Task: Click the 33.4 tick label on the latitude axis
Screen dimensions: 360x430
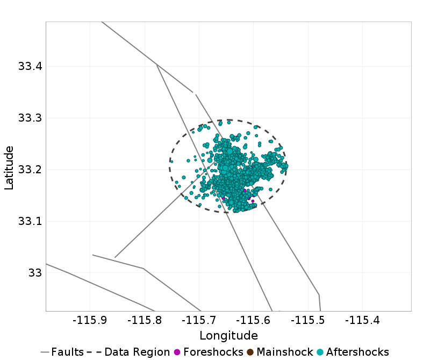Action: (x=30, y=67)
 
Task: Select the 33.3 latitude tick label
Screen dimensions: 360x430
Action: (x=30, y=118)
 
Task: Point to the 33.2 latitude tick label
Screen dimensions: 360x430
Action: (x=30, y=170)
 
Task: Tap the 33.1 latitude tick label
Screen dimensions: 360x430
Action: (x=30, y=222)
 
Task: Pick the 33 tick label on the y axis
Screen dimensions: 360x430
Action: (x=35, y=273)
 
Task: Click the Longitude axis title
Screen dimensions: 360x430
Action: (x=228, y=336)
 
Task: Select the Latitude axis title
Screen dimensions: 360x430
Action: (x=9, y=166)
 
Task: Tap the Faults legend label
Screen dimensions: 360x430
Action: (x=68, y=352)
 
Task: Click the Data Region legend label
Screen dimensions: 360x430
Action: (x=137, y=352)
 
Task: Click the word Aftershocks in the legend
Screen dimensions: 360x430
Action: (x=357, y=352)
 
